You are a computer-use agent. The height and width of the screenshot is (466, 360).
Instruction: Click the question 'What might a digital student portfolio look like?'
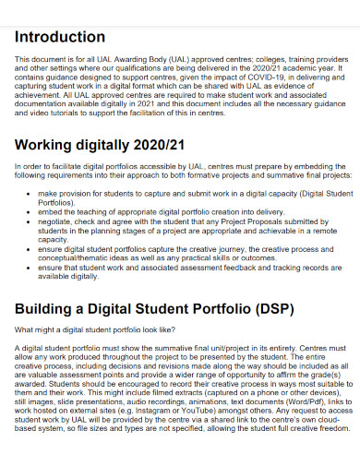[93, 329]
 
